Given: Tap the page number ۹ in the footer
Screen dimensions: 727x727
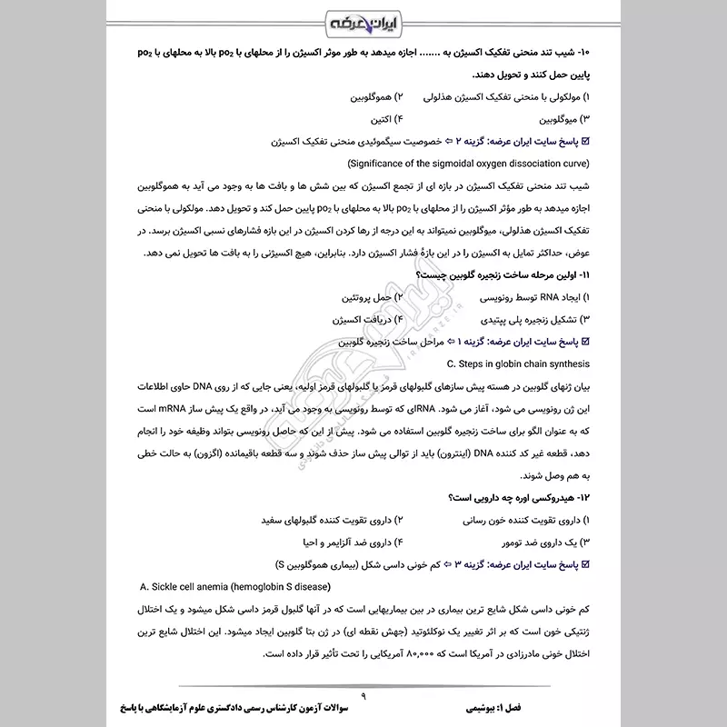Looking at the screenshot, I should coord(363,695).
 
